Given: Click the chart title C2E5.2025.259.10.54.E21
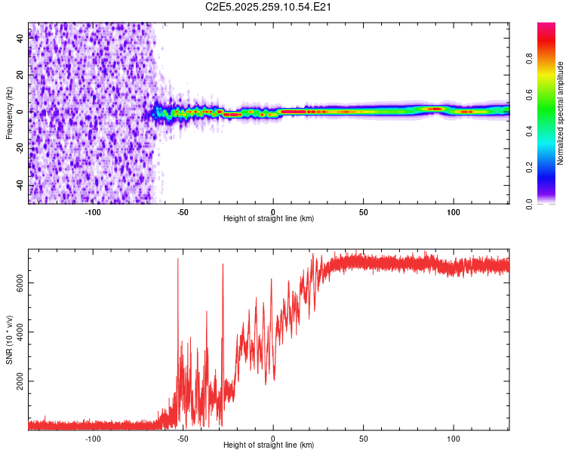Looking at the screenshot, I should coord(269,7).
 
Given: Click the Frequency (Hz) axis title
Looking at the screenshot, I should coord(9,112).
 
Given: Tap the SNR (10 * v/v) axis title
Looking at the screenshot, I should coord(9,340).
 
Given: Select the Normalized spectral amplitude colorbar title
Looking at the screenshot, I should coord(560,112).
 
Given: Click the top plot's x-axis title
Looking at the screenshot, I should coord(269,219).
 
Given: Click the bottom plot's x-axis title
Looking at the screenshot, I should coord(269,445).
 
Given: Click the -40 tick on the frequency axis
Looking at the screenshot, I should coord(18,185).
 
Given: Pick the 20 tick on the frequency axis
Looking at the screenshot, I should coord(20,75).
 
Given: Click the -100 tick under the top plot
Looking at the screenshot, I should coord(93,212).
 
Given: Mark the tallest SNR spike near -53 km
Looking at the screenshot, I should coord(178,259).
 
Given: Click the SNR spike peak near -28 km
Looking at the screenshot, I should coord(223,264).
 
